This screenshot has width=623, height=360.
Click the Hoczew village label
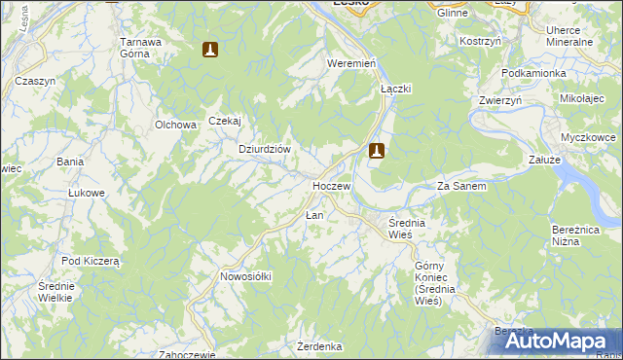[331, 185]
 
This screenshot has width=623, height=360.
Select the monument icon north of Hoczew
[377, 151]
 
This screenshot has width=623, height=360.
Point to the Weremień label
[351, 63]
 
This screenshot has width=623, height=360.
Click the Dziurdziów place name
[266, 149]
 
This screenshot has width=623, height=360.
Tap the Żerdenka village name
[319, 346]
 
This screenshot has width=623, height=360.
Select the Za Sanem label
[461, 186]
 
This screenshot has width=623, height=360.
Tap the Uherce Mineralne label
[570, 37]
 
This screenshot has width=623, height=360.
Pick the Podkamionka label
[533, 74]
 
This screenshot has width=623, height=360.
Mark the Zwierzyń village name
[501, 100]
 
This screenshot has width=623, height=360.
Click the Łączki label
[396, 88]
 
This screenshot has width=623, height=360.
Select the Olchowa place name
[176, 125]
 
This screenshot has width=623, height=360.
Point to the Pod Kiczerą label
[90, 261]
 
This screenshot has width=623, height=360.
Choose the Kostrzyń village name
[480, 42]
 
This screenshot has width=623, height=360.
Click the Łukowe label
[86, 193]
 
